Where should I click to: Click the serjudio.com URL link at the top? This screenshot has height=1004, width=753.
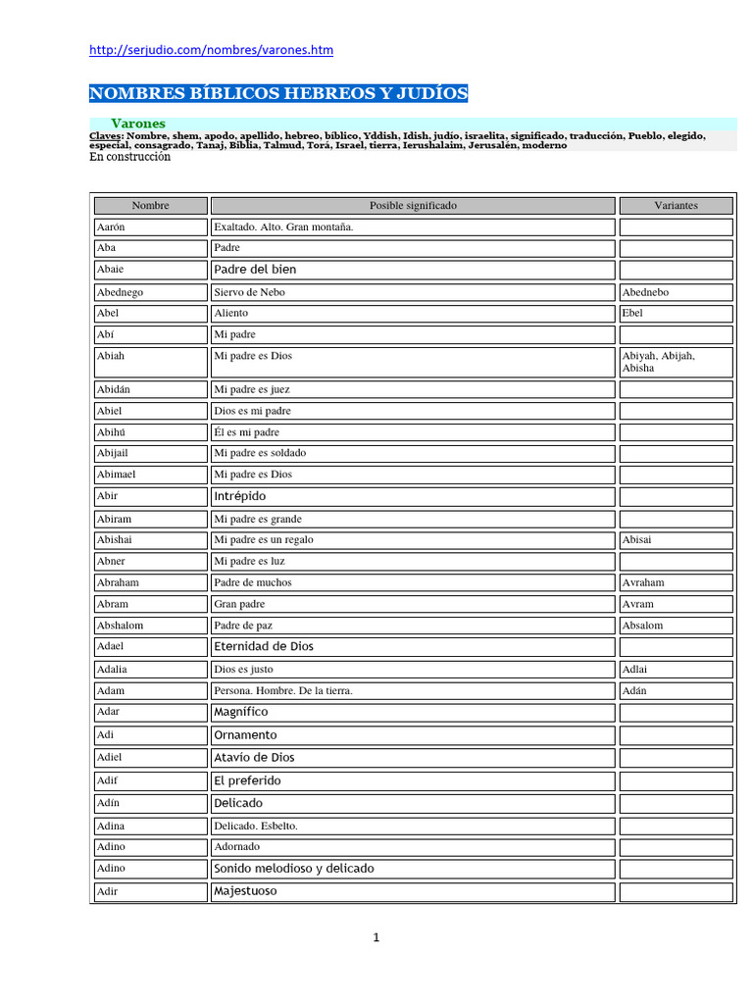coord(211,50)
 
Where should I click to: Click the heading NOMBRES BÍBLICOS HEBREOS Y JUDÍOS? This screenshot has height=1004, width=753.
coord(278,94)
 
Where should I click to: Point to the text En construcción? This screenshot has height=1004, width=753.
coord(129,157)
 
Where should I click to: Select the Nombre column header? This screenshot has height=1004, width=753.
coord(150,206)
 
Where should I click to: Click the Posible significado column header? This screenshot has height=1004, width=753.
coord(413,206)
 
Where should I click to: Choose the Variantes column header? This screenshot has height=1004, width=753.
coord(676,206)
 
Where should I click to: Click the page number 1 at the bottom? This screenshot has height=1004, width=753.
coord(376,938)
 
